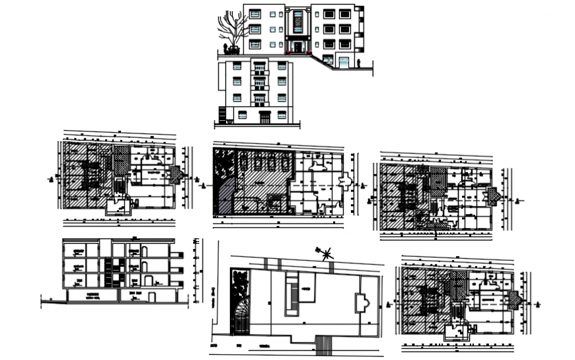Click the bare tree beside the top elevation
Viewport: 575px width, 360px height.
pyautogui.click(x=230, y=30)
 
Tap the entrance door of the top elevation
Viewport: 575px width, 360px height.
pyautogui.click(x=297, y=47)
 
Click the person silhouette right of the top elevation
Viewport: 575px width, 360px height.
pyautogui.click(x=358, y=63)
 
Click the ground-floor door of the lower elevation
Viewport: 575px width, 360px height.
pyautogui.click(x=265, y=118)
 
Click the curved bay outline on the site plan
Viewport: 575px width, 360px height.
pyautogui.click(x=361, y=303)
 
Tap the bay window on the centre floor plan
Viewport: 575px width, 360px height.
pyautogui.click(x=346, y=180)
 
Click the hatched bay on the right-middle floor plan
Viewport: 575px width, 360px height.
pyautogui.click(x=492, y=196)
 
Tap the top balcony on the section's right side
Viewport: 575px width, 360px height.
pyautogui.click(x=176, y=254)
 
